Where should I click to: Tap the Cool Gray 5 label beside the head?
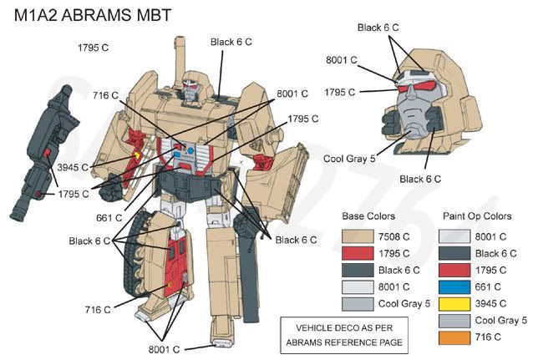[x=348, y=158]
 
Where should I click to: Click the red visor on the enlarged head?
[x=414, y=85]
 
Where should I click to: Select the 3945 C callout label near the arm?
[x=74, y=167]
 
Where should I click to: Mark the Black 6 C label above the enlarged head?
[x=378, y=28]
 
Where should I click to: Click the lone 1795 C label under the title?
[x=93, y=48]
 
